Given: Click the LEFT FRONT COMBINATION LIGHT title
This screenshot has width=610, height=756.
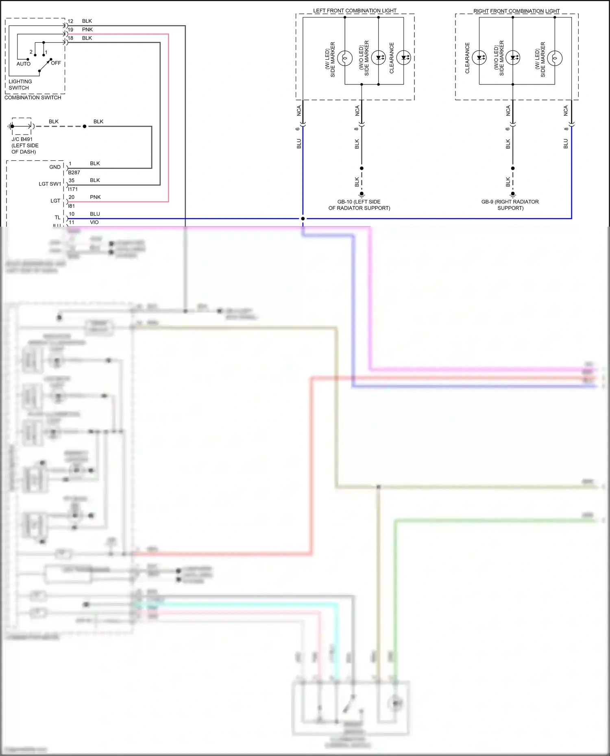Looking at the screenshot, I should point(355,11).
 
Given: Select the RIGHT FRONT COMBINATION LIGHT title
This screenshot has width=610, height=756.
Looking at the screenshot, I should point(516,11).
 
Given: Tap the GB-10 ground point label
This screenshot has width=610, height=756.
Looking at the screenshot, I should point(359,205).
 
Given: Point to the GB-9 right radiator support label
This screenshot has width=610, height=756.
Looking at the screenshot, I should point(510,205).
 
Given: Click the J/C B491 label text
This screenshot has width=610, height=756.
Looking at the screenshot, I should point(22,139).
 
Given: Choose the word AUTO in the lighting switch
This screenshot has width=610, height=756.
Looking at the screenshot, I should point(24,64).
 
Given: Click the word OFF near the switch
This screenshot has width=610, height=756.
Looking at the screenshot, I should point(56,63).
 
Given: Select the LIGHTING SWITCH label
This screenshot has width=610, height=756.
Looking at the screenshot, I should point(20,84).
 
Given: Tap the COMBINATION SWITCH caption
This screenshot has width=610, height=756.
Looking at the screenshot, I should point(33,97).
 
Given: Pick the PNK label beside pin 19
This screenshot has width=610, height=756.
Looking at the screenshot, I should point(87,30).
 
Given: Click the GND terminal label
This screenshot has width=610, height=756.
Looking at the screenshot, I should point(55,167).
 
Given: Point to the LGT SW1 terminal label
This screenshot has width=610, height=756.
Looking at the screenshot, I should point(50,184).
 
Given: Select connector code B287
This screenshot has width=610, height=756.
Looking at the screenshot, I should point(74,173).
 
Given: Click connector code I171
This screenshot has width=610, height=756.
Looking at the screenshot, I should point(73,189).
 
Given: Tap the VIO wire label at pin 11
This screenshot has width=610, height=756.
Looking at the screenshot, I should point(94,222).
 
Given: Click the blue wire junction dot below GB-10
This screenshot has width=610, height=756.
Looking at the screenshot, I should point(303,219).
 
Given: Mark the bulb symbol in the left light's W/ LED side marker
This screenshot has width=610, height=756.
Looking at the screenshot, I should point(345,58).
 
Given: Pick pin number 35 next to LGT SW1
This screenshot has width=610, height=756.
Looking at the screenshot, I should point(72,180).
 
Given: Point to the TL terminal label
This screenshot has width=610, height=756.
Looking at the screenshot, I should point(58,218).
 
